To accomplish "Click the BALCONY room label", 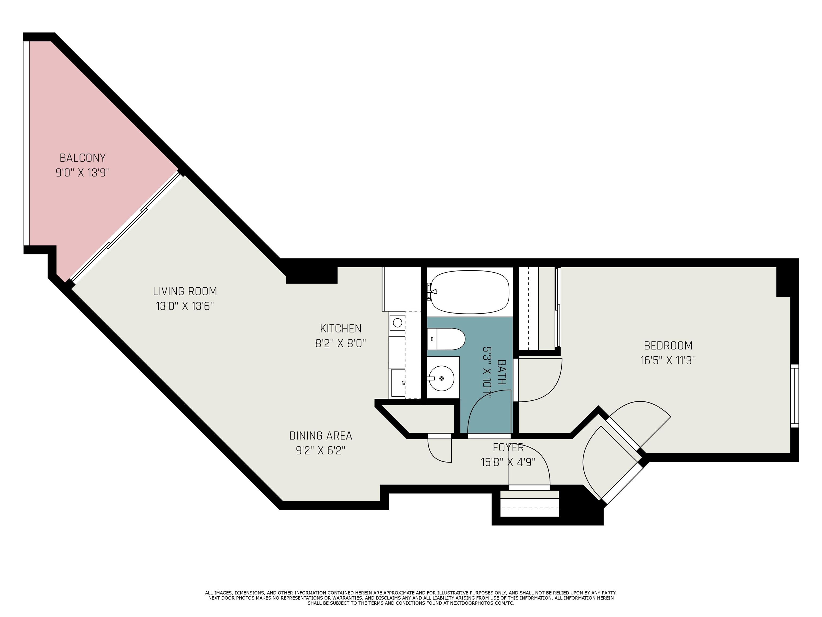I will click(82, 158).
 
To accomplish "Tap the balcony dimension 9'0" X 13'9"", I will click(82, 173).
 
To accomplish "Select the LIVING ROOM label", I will click(185, 291).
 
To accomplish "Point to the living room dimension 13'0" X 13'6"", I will click(185, 306).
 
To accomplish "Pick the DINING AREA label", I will click(320, 435).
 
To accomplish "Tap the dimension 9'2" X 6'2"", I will click(320, 451).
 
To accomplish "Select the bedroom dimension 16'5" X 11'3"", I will click(668, 361).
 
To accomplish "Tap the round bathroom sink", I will click(441, 378).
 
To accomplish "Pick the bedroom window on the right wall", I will click(794, 396).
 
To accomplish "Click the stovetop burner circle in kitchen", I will click(397, 322).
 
